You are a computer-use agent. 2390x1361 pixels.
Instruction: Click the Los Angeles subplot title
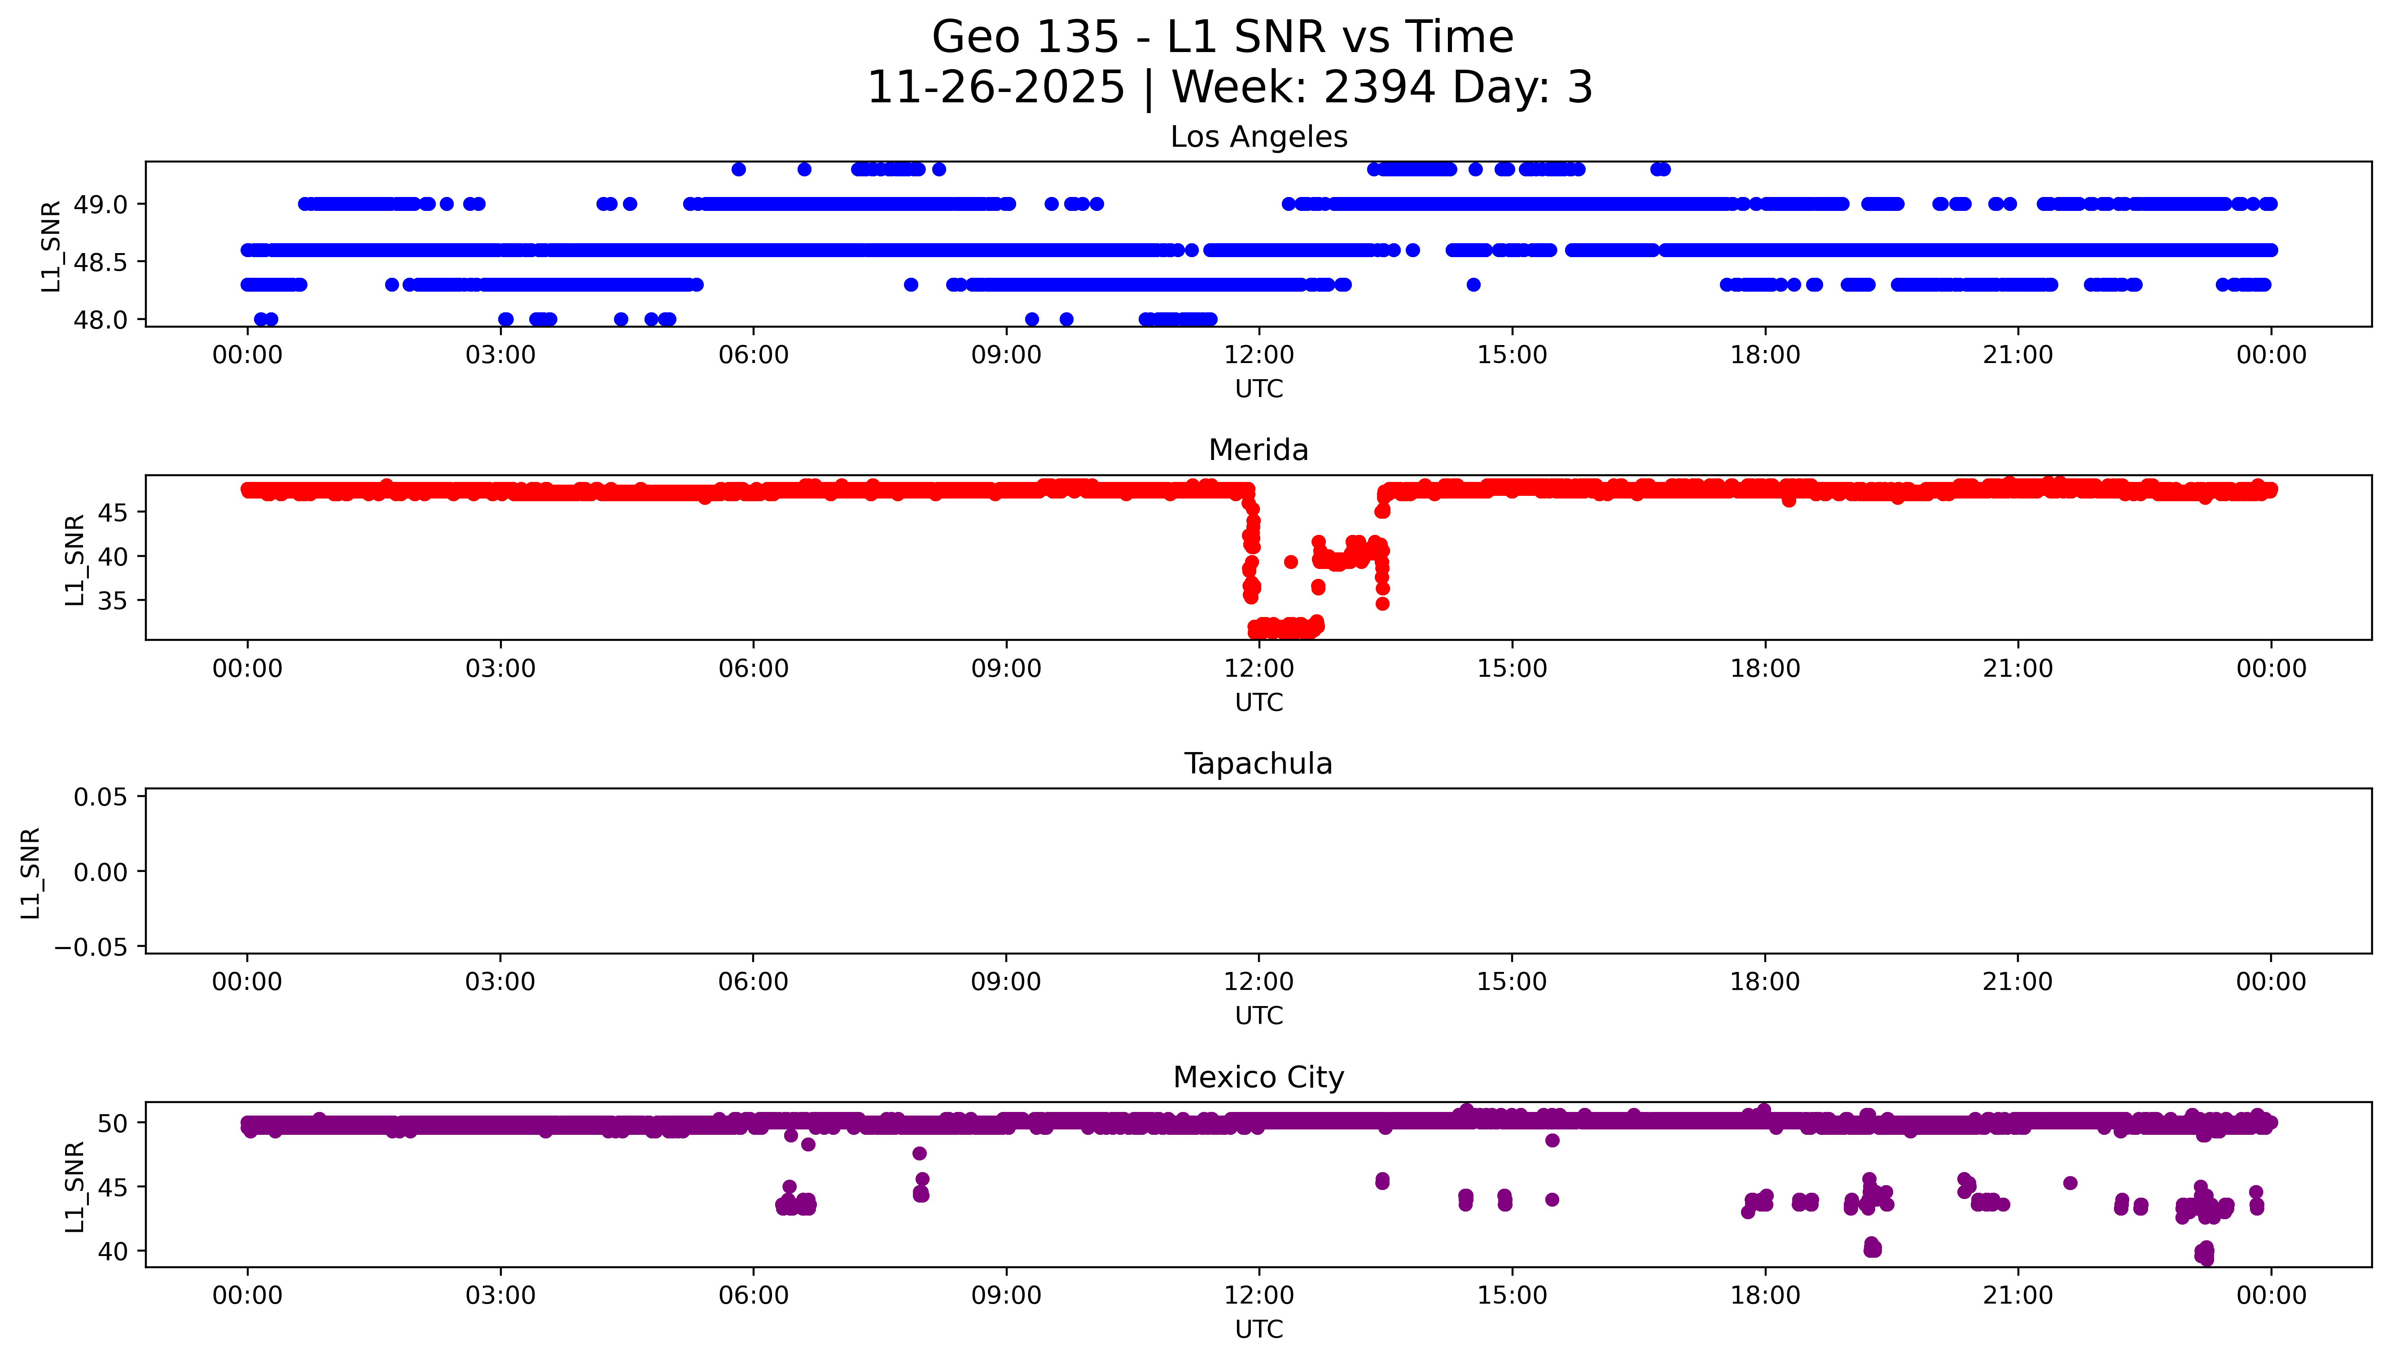(x=1258, y=137)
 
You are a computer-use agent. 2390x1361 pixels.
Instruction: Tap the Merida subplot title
(x=1258, y=451)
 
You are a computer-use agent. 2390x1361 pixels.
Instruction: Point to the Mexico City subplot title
(x=1258, y=1078)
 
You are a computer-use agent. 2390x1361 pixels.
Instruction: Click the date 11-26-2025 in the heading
(x=995, y=88)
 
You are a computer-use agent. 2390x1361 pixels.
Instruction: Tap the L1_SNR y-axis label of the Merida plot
(x=75, y=559)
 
